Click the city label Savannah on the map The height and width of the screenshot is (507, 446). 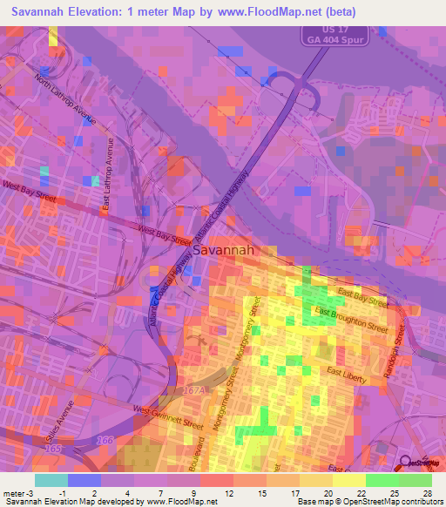223,250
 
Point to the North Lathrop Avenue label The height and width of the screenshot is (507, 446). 66,98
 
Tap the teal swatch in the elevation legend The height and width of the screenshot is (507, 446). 51,480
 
